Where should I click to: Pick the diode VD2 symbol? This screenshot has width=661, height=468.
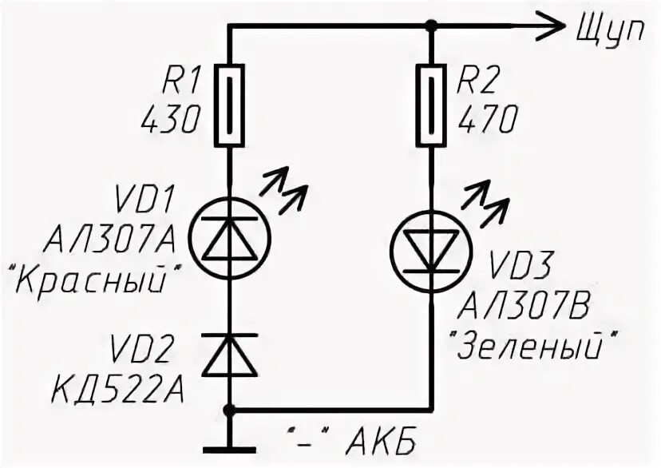pos(230,355)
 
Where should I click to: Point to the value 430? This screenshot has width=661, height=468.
pos(170,120)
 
